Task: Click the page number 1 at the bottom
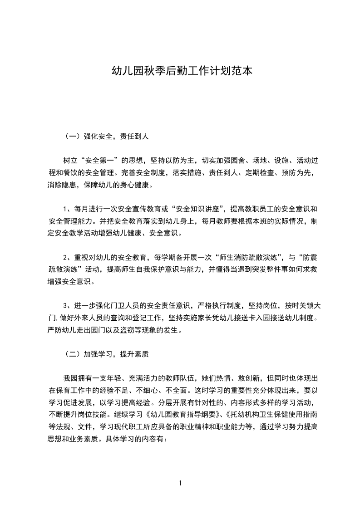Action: click(x=180, y=483)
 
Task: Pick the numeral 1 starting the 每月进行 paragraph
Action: click(x=65, y=209)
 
